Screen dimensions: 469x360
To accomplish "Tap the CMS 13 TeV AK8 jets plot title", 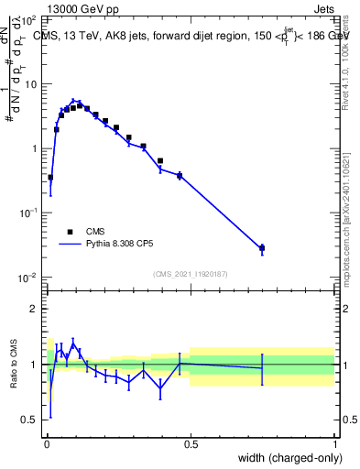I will point(184,36).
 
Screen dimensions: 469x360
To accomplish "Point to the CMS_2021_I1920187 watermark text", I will point(191,274).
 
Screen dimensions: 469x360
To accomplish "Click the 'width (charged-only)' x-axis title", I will point(286,458).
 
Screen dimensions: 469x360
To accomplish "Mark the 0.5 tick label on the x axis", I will point(191,442).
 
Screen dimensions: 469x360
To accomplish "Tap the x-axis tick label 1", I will point(335,442).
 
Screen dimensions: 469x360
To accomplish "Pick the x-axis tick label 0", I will point(47,442).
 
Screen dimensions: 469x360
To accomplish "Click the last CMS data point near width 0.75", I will point(262,247).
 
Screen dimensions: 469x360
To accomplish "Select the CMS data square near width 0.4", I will point(160,160).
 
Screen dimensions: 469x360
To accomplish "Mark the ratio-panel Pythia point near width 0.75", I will point(262,368).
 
